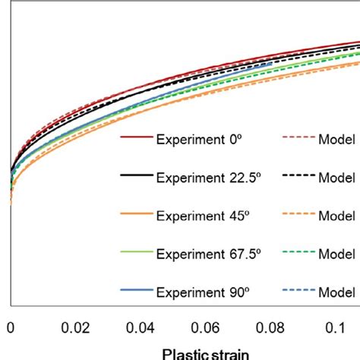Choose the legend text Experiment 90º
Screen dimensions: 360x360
tap(196, 292)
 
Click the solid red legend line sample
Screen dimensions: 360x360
tap(137, 139)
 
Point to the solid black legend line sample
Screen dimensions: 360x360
tap(137, 177)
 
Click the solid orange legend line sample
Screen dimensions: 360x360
tap(137, 215)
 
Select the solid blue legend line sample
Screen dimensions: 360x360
tap(137, 291)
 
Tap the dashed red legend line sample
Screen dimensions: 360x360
tap(298, 139)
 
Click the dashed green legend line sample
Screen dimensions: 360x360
tap(298, 253)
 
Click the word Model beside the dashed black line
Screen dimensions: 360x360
tap(337, 178)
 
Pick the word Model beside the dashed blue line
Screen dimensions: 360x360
tap(337, 292)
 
